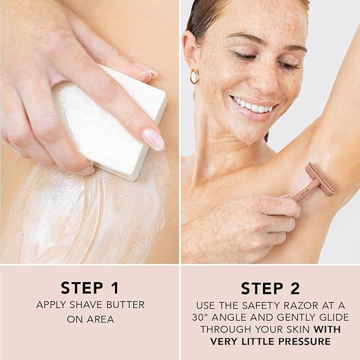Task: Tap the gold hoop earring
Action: click(194, 76)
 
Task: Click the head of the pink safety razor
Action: click(320, 179)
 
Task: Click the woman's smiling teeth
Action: click(252, 106)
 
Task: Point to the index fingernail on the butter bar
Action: click(153, 139)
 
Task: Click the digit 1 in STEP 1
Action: click(115, 288)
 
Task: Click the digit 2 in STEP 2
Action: click(294, 288)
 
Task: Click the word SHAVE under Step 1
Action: click(86, 305)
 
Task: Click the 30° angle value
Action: click(200, 318)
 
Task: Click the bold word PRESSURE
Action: click(304, 341)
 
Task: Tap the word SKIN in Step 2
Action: click(298, 329)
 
